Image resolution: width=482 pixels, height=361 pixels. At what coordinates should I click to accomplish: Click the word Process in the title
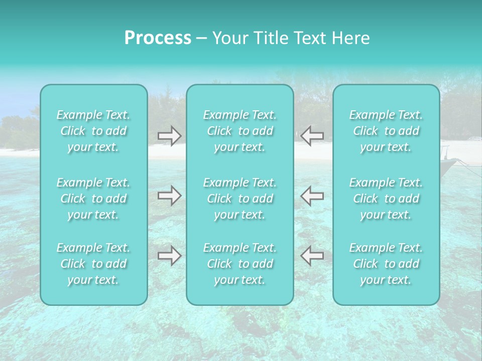click(158, 38)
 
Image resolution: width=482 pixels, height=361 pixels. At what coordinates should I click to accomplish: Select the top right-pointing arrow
click(169, 135)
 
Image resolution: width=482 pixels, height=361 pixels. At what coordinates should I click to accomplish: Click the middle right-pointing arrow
click(169, 196)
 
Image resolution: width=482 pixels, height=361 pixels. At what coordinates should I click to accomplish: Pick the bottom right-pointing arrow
click(169, 256)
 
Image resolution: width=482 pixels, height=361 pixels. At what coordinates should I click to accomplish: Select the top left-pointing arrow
click(312, 135)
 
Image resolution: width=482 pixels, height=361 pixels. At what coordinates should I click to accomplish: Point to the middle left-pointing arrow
click(312, 196)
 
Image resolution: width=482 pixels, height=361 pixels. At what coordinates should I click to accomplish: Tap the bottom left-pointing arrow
click(312, 256)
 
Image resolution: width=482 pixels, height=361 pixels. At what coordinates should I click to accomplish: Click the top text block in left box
click(93, 131)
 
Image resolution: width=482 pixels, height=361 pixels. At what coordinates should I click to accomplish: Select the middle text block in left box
click(93, 199)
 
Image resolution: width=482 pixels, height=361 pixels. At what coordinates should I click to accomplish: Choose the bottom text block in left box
click(93, 264)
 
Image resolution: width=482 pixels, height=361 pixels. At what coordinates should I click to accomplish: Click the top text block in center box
click(239, 131)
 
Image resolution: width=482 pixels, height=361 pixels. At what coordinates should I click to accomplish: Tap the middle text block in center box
click(239, 199)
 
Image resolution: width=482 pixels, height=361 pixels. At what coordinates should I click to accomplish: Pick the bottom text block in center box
click(239, 264)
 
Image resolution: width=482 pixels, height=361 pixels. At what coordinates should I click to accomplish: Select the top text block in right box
click(386, 131)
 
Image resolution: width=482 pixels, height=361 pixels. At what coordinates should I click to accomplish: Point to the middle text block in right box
click(386, 199)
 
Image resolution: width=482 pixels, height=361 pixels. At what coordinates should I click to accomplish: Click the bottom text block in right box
click(386, 264)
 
